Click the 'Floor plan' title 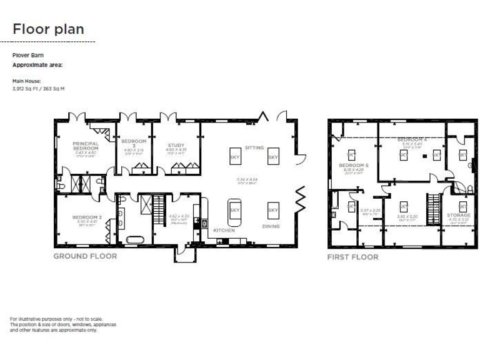click(x=48, y=29)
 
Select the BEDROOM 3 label click(x=133, y=142)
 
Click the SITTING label click(x=254, y=147)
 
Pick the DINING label click(x=271, y=226)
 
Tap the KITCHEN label click(x=224, y=230)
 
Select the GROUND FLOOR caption click(x=84, y=256)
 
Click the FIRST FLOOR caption click(x=352, y=257)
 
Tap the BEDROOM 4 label click(x=412, y=139)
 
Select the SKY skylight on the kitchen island click(x=234, y=210)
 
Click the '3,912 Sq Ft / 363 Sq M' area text click(x=39, y=89)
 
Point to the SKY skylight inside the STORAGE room click(x=462, y=206)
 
